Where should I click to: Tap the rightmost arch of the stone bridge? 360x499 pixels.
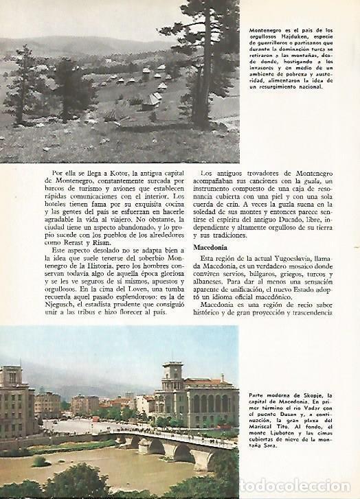click(199, 456)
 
